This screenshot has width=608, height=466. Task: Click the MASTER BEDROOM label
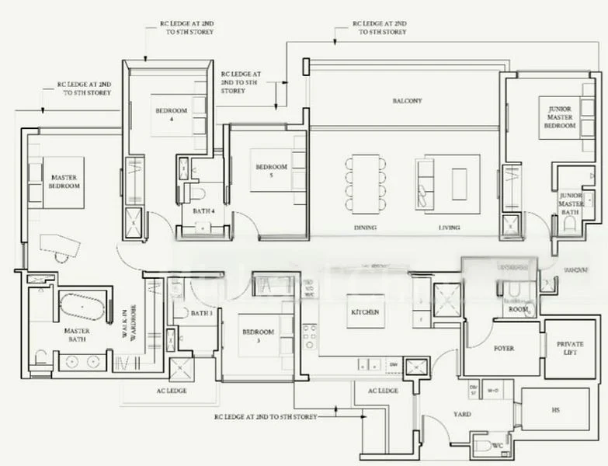(64, 182)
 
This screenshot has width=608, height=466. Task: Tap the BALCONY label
(406, 101)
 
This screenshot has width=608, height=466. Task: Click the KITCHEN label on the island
(365, 312)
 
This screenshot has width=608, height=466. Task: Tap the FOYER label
(504, 349)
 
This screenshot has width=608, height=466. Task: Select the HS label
(555, 410)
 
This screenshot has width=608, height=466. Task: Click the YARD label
(463, 414)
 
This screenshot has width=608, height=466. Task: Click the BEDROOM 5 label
(272, 171)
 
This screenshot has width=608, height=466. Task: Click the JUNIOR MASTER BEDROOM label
(559, 117)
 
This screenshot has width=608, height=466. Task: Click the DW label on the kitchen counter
(394, 363)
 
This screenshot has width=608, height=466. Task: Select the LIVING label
(449, 228)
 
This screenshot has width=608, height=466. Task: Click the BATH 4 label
(204, 210)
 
